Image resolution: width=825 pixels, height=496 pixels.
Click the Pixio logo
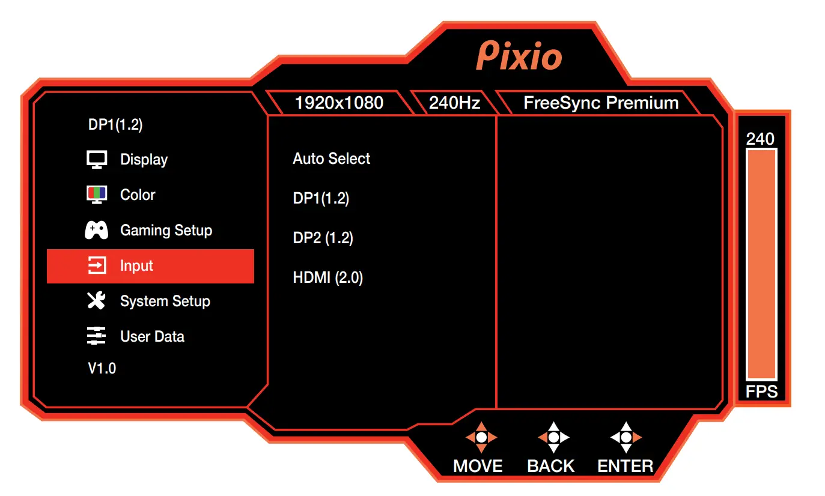pos(519,56)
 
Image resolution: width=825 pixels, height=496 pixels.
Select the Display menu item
pos(144,160)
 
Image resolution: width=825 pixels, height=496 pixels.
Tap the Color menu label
pos(138,195)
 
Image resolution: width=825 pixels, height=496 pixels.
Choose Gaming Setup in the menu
pos(166,231)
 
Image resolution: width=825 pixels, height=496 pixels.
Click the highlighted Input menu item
pos(150,266)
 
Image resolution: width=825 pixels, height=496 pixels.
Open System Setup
pos(165,301)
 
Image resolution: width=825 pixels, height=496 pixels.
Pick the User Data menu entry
pos(152,337)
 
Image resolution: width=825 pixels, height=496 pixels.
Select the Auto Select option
pos(332,159)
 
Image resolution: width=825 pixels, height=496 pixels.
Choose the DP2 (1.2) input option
pos(323,238)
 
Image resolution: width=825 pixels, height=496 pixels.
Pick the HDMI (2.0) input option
pos(328,277)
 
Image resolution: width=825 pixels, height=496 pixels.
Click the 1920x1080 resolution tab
pos(339,103)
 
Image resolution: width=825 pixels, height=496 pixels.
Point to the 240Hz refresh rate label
pos(454,103)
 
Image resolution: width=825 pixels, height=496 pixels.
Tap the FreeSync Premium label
pos(601,103)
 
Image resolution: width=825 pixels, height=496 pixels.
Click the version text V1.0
pos(102,369)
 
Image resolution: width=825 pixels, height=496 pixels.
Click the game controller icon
pos(96,231)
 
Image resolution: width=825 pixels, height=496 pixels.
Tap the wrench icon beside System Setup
pos(96,301)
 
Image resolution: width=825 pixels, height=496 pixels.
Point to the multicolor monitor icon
pos(96,195)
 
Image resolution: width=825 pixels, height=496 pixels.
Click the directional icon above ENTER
pos(626,437)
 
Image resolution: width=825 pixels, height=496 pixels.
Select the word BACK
pos(551,466)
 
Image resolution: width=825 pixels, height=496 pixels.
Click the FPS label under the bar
pos(761,392)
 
